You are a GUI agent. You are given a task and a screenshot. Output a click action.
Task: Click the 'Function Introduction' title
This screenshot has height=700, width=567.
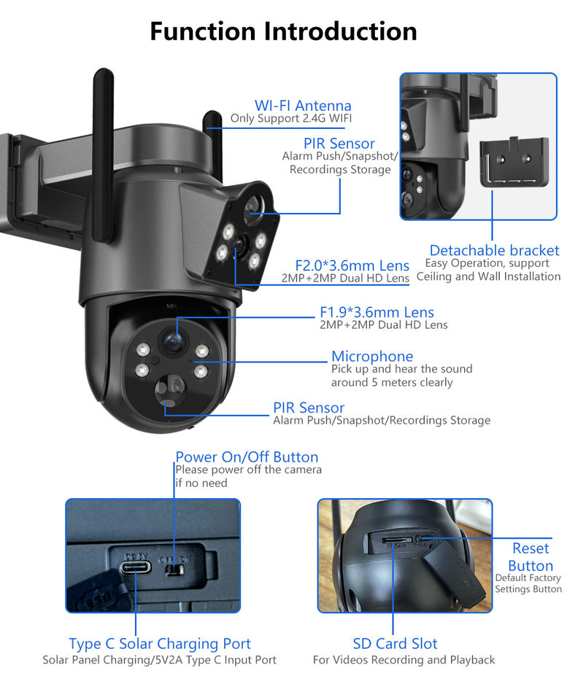(x=283, y=31)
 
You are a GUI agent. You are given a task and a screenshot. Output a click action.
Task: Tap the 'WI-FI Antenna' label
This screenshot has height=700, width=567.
(x=302, y=106)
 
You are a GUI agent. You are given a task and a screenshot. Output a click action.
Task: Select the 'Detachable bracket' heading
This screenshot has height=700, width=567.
(x=494, y=250)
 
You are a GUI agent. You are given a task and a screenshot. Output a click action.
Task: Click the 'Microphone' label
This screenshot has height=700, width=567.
(x=372, y=356)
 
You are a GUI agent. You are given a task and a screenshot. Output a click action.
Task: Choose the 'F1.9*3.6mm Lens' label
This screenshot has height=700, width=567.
(x=377, y=313)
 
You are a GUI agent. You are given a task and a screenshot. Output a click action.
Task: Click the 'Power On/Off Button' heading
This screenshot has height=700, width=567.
(x=247, y=457)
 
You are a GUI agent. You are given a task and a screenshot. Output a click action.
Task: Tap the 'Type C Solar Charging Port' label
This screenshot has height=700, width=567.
(x=160, y=644)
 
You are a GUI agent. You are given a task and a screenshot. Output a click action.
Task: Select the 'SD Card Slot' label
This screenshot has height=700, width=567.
(x=395, y=644)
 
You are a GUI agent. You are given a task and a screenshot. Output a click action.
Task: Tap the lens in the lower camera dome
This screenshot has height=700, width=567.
(x=171, y=338)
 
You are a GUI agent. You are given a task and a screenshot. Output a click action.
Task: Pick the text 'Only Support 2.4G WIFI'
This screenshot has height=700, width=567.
(x=290, y=118)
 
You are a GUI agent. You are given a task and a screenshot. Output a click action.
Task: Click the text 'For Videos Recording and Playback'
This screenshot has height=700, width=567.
(x=404, y=660)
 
